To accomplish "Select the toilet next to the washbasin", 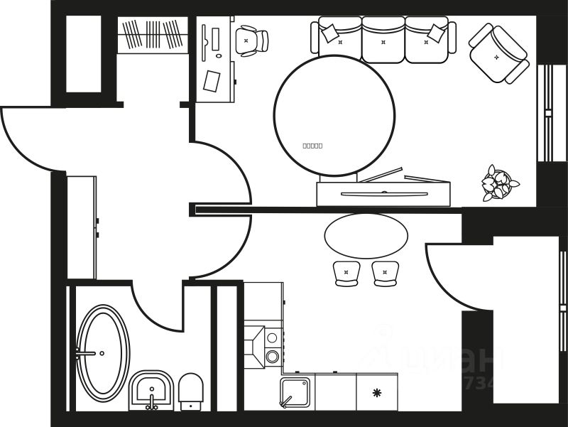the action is [x=190, y=391].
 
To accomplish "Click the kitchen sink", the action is [x=295, y=392].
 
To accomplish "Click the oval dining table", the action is [x=366, y=236].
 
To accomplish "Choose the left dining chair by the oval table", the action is [x=346, y=273].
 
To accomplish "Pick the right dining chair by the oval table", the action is [x=385, y=273].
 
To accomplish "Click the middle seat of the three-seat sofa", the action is [x=383, y=40].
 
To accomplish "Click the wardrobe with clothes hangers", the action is [x=152, y=34].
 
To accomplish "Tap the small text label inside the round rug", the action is [x=312, y=146].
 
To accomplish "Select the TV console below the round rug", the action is [x=383, y=194].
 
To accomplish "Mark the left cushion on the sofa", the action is [x=330, y=33].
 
